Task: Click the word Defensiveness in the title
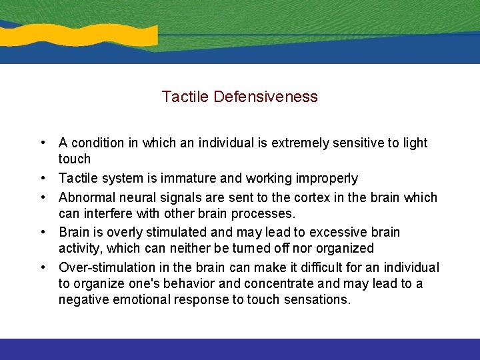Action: (266, 97)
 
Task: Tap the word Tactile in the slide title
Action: (186, 97)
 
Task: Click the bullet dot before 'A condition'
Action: (42, 143)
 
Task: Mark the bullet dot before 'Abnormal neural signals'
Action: (42, 197)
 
